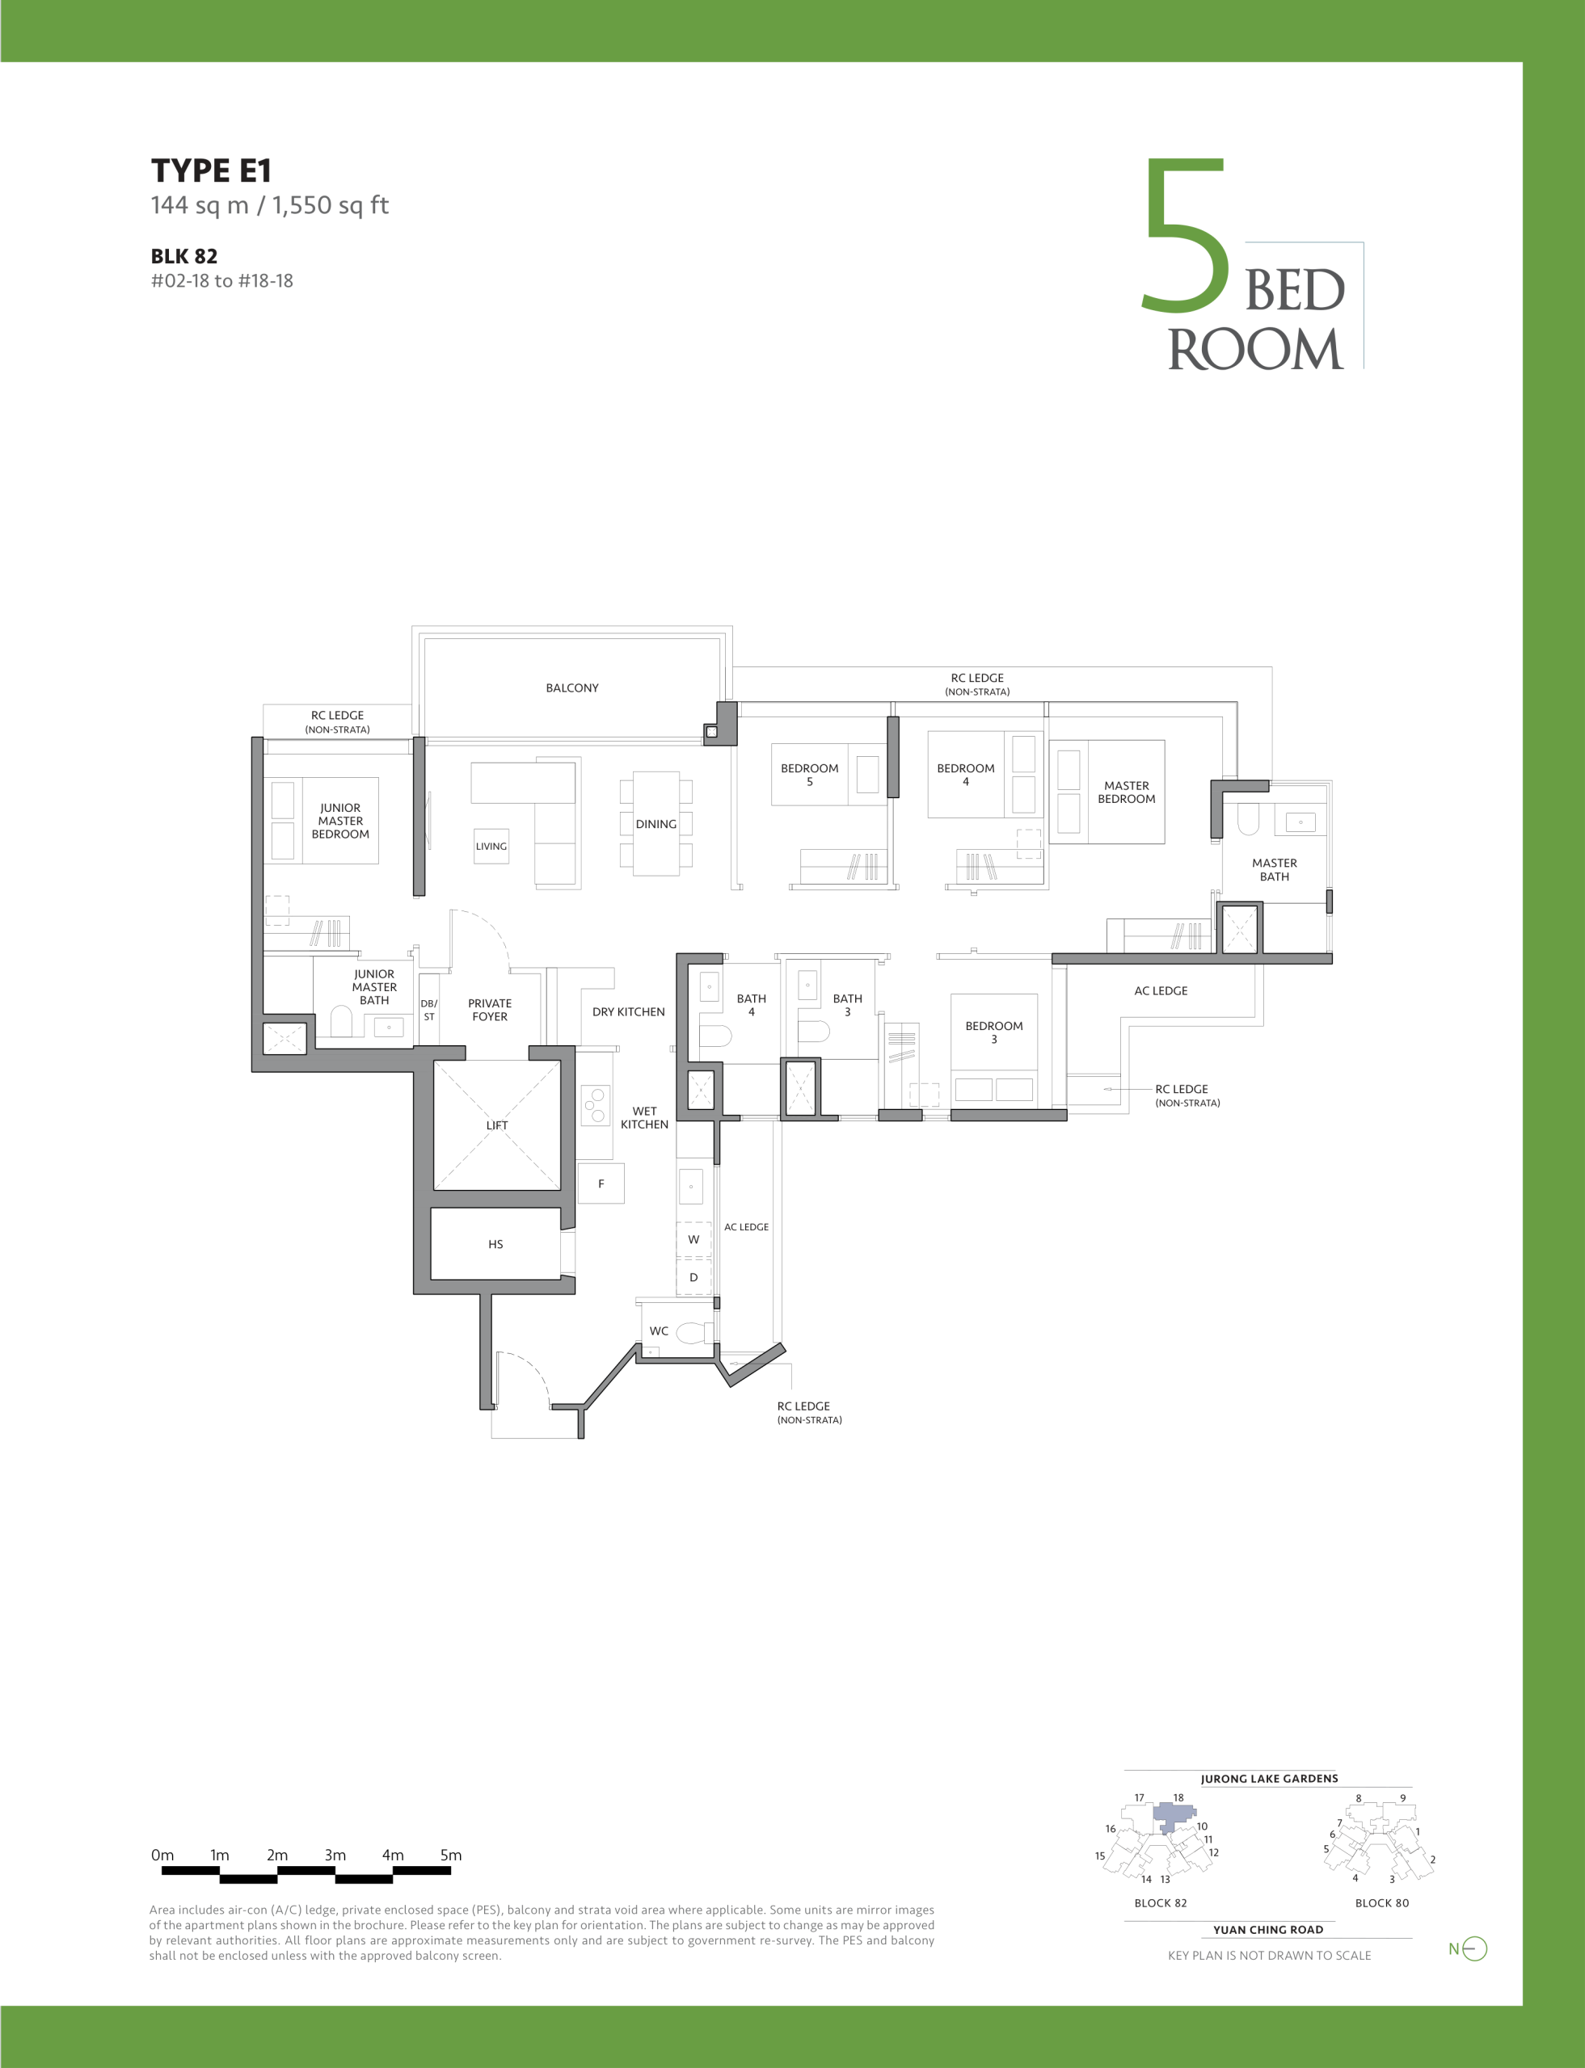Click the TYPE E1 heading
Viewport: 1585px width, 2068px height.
[x=211, y=170]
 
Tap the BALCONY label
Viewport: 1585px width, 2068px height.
[x=571, y=688]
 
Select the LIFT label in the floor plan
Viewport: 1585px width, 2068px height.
[x=497, y=1125]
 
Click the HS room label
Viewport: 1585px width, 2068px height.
[x=495, y=1245]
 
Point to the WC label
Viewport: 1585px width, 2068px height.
[x=659, y=1331]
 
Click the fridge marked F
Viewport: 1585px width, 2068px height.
[x=601, y=1184]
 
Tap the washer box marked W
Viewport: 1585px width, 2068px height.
[x=693, y=1240]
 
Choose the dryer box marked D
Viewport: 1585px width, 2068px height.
[x=693, y=1278]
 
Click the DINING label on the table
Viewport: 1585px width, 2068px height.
[x=655, y=824]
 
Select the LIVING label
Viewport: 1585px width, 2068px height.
[x=491, y=847]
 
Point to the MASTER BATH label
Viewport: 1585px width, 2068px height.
[x=1275, y=870]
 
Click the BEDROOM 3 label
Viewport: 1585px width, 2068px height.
[x=993, y=1032]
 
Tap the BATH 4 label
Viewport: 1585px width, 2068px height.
[x=751, y=1005]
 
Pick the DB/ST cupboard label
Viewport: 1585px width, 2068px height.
[x=428, y=1011]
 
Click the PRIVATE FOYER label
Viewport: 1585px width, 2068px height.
[x=490, y=1010]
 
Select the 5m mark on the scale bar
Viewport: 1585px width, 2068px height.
[x=451, y=1855]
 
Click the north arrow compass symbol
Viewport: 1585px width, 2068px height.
[x=1469, y=1948]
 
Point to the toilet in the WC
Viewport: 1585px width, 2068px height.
[x=694, y=1332]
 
